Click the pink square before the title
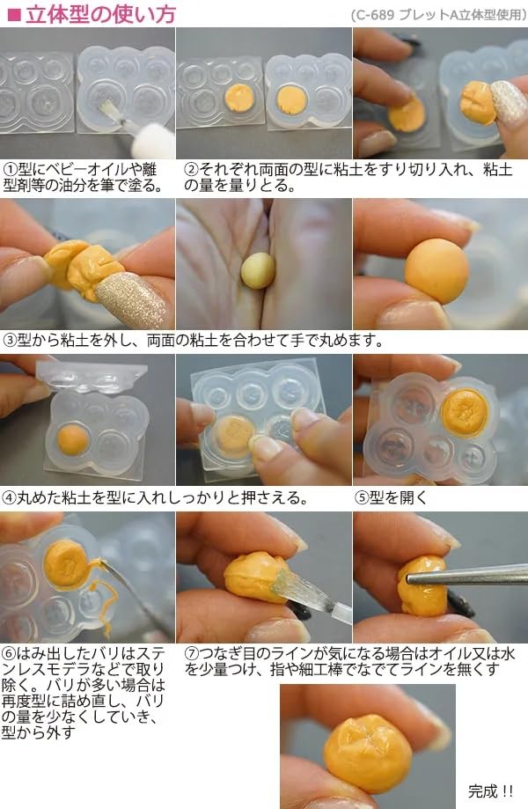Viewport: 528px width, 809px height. pos(13,14)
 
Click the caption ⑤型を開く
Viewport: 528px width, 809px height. pos(391,497)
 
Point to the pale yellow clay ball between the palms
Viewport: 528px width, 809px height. pos(257,269)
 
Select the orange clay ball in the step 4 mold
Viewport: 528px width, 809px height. pos(73,438)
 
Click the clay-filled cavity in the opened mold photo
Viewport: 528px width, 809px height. pos(465,411)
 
